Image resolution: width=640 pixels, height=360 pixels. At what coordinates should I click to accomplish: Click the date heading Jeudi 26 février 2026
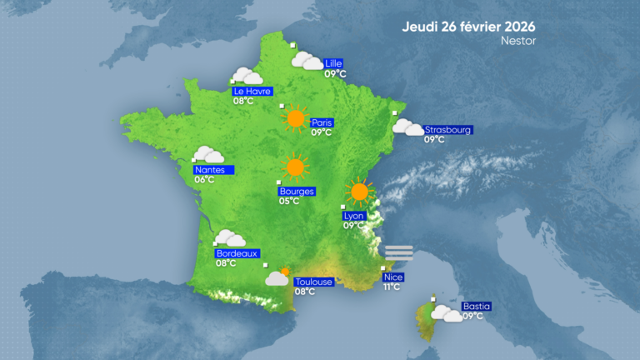point(468,25)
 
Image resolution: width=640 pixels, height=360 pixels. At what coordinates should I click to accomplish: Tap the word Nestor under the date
point(518,40)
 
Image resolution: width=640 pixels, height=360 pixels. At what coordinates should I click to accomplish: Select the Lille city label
point(334,63)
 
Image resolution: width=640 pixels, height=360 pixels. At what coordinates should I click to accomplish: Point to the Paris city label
point(322,122)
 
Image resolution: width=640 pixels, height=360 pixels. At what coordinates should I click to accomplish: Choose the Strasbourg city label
point(448,130)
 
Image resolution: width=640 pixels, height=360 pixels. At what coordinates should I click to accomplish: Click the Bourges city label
point(297,191)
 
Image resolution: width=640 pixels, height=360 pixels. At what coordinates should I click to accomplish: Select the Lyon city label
point(354,215)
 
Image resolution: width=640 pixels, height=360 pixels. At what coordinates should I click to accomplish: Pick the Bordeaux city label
point(237,253)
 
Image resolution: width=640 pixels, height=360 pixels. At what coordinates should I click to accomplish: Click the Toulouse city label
point(314,282)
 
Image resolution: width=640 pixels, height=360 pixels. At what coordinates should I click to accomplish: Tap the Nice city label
point(392,277)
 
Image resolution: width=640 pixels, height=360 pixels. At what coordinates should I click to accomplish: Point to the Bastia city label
point(476,306)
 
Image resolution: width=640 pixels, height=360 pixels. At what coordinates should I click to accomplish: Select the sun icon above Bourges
point(294,167)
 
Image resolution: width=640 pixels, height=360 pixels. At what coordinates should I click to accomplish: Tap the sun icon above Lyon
point(359,192)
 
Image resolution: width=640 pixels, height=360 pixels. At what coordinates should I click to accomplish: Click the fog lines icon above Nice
point(399,252)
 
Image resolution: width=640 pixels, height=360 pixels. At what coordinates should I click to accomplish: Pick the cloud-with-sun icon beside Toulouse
point(278,277)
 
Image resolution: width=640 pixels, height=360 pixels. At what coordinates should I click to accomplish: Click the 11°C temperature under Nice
point(392,287)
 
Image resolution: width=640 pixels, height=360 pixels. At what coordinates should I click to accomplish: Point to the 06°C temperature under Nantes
point(204,179)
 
